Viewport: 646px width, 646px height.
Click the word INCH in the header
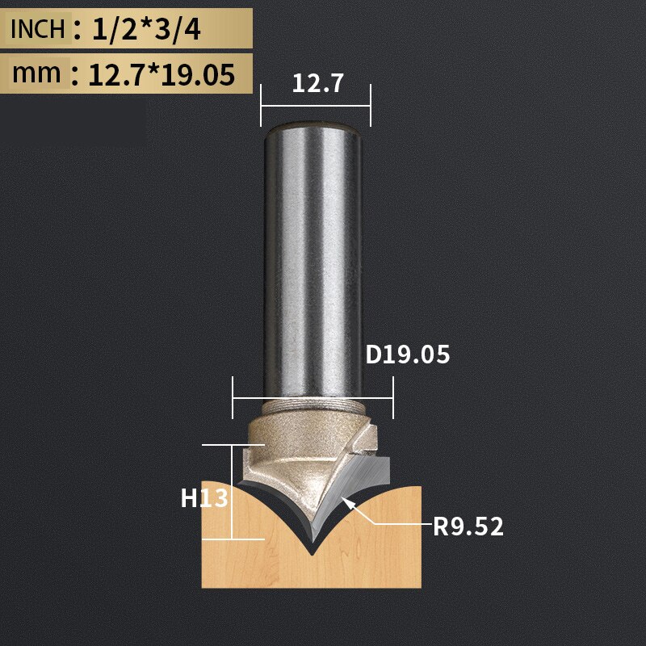click(37, 29)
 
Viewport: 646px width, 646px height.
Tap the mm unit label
click(36, 73)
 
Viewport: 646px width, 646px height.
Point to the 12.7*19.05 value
click(161, 74)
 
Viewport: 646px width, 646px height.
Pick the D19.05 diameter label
click(407, 354)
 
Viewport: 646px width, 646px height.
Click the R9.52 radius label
click(468, 527)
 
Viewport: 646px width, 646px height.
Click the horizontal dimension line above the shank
click(315, 106)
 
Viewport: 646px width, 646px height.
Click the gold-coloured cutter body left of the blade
click(279, 460)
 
